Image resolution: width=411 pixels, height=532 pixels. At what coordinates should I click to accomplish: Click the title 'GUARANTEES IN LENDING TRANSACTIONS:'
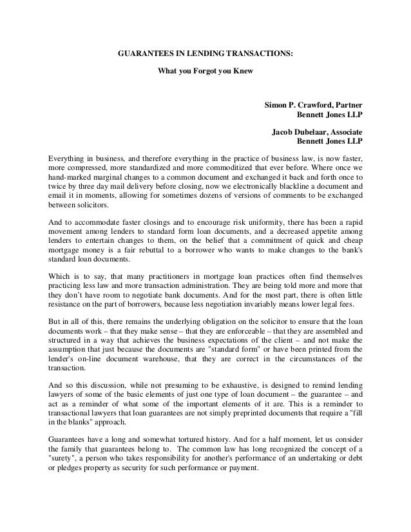tap(205, 53)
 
